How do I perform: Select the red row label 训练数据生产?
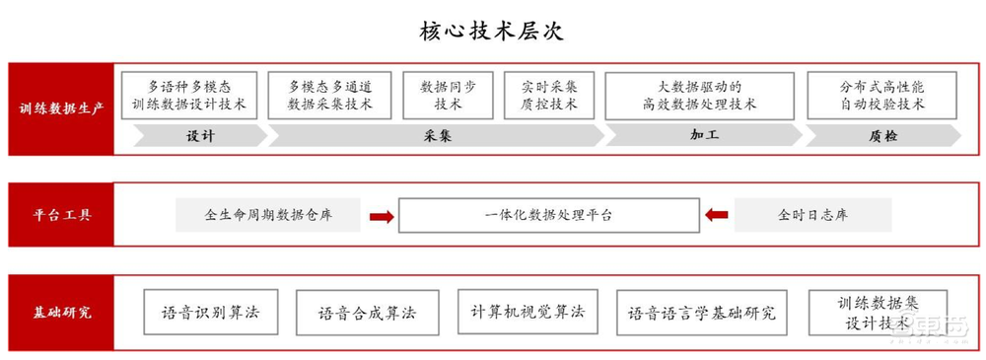pyautogui.click(x=60, y=109)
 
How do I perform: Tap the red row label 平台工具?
pyautogui.click(x=60, y=214)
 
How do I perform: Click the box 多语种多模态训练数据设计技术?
pyautogui.click(x=189, y=95)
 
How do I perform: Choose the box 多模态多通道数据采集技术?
pyautogui.click(x=329, y=95)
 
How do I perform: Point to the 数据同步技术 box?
pyautogui.click(x=448, y=95)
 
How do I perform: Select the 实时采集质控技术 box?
pyautogui.click(x=550, y=95)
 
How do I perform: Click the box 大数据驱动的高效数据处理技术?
pyautogui.click(x=699, y=95)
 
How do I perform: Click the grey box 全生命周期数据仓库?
pyautogui.click(x=268, y=215)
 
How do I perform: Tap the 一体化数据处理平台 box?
pyautogui.click(x=548, y=215)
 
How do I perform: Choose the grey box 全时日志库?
pyautogui.click(x=812, y=215)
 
